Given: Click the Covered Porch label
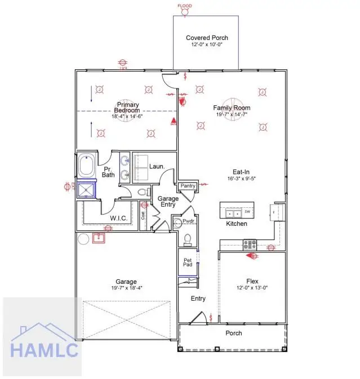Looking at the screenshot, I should pyautogui.click(x=207, y=38).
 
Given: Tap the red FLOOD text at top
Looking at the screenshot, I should pyautogui.click(x=185, y=6).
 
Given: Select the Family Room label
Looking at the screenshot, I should pyautogui.click(x=232, y=108).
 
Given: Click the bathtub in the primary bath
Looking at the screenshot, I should pyautogui.click(x=87, y=165).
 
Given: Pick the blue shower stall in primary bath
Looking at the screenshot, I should pyautogui.click(x=87, y=190).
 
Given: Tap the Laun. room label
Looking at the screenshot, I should pyautogui.click(x=157, y=167).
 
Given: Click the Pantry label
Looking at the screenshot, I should pyautogui.click(x=187, y=186).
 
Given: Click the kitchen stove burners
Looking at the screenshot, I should pyautogui.click(x=250, y=244).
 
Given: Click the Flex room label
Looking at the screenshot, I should pyautogui.click(x=252, y=280).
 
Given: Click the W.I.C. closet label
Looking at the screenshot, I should pyautogui.click(x=117, y=218).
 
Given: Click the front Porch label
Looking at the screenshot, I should pyautogui.click(x=234, y=333).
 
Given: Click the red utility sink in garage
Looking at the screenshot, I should pyautogui.click(x=99, y=238).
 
